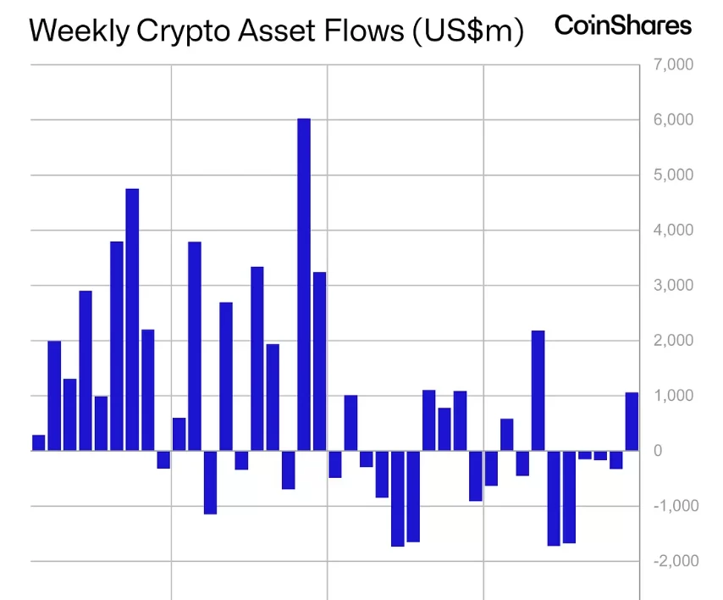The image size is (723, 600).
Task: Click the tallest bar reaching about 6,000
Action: (304, 284)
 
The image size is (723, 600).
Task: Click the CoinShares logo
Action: (622, 25)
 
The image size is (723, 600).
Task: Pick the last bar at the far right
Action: (632, 421)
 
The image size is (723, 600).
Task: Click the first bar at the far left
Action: (38, 442)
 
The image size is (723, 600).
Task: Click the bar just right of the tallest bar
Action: (319, 361)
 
